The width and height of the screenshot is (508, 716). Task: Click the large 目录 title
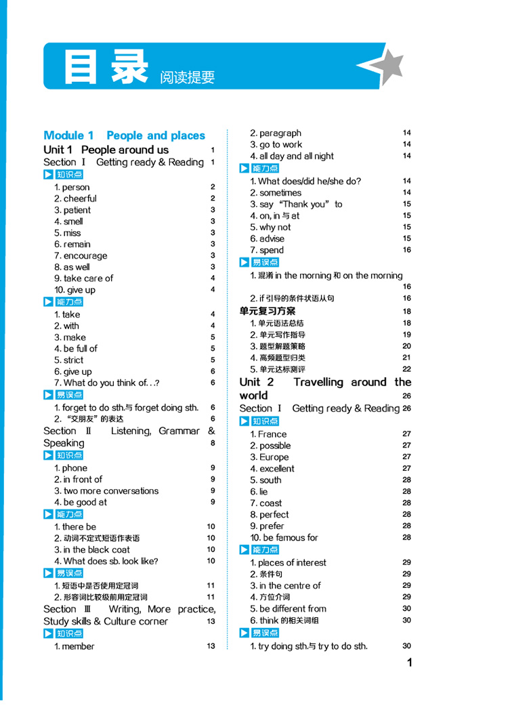tap(104, 66)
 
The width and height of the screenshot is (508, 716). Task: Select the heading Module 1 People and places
tap(124, 135)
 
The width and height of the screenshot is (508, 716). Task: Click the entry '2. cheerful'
tap(75, 198)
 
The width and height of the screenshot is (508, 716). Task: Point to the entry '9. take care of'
tap(83, 278)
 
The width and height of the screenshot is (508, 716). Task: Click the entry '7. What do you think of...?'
tap(106, 383)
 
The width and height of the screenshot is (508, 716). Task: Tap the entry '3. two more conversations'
tap(106, 491)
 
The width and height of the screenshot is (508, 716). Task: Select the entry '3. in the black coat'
tap(92, 549)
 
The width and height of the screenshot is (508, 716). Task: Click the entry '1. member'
tap(75, 646)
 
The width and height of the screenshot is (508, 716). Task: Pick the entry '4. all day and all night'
tap(292, 156)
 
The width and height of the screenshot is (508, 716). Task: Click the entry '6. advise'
tap(268, 238)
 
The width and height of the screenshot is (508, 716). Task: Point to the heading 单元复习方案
tap(268, 312)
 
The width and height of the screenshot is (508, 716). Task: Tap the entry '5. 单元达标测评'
tap(278, 369)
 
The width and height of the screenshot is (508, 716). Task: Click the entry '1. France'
tap(268, 434)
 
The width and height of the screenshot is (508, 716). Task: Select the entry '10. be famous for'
tap(284, 538)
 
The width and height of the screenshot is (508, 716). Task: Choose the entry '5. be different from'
tap(288, 609)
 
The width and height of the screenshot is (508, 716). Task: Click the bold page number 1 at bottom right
tap(408, 662)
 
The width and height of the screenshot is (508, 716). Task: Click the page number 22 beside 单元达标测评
tap(406, 369)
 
